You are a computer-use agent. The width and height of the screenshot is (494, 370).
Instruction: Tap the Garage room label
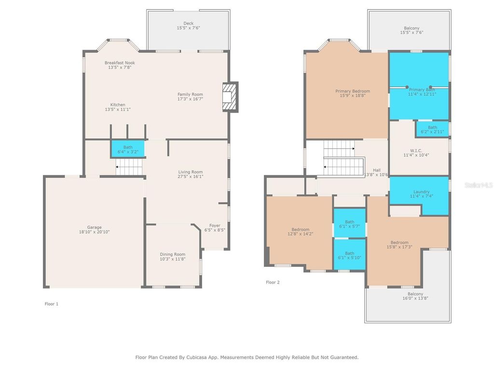[x=95, y=227]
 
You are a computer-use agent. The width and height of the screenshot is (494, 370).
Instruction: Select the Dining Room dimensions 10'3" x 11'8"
[x=173, y=259]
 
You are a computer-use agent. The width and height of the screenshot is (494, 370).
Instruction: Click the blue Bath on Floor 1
[x=128, y=148]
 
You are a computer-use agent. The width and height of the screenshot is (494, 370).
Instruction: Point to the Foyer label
[x=215, y=225]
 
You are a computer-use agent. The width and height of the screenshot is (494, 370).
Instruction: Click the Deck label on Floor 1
[x=188, y=23]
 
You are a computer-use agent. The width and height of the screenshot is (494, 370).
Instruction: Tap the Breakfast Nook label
[x=120, y=63]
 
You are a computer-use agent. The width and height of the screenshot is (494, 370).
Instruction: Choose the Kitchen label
[x=118, y=105]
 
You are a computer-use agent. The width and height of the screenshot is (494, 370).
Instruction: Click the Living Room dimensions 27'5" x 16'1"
[x=191, y=177]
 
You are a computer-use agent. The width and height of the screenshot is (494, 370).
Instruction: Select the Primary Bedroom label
[x=353, y=91]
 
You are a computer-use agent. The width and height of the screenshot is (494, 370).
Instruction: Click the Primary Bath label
[x=422, y=90]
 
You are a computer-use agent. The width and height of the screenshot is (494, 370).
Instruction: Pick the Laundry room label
[x=421, y=192]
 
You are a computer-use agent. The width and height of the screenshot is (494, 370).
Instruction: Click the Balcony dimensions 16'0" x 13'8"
[x=415, y=298]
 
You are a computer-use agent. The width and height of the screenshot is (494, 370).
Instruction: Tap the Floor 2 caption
[x=273, y=282]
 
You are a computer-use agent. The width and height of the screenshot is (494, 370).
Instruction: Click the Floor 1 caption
[x=51, y=304]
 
